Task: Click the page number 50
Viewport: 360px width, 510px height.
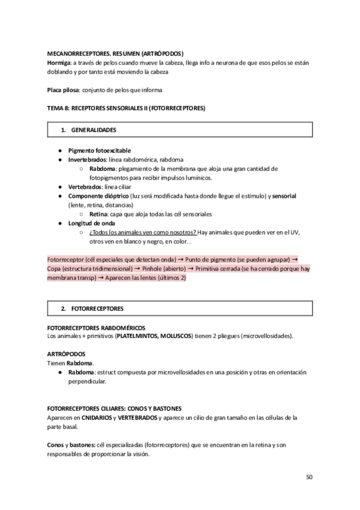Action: coord(309,478)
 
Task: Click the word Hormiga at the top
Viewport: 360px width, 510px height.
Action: coord(59,62)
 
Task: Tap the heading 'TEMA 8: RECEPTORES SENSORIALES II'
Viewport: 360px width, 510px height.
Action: coord(126,108)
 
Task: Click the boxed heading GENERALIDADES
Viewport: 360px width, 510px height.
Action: coord(94,130)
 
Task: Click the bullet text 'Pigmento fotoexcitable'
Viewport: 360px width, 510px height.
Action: coord(99,150)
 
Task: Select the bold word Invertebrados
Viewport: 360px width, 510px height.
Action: coord(87,159)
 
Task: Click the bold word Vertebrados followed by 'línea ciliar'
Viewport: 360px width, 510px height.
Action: coord(84,187)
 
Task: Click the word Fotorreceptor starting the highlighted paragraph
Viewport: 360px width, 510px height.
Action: coord(64,260)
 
